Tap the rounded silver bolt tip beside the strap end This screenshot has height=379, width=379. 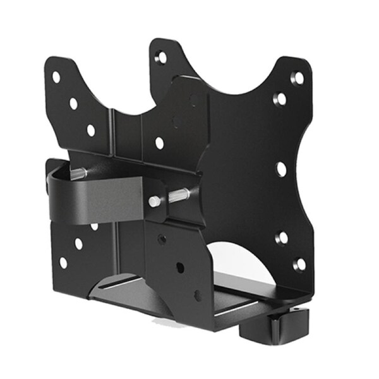tap(154, 201)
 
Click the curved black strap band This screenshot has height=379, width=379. tap(95, 199)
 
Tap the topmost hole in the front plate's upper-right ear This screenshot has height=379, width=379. tap(296, 78)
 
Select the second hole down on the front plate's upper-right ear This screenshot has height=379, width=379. tap(279, 99)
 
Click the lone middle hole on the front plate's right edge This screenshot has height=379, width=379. tap(281, 169)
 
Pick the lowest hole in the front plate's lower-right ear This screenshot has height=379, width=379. tap(299, 264)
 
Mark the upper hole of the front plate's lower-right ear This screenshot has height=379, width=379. tap(282, 238)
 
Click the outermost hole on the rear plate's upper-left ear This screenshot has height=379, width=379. tap(56, 77)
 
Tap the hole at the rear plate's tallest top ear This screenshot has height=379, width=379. tap(161, 57)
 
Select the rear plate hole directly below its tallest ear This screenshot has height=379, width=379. tap(159, 143)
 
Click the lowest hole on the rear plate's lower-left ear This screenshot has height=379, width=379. tap(63, 262)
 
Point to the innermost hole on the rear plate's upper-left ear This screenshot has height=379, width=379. tap(91, 130)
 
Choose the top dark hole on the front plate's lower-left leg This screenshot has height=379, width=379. tap(162, 239)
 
